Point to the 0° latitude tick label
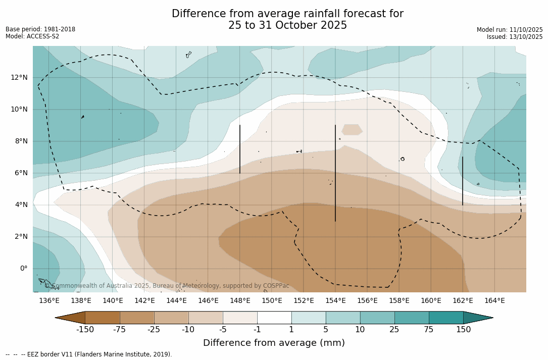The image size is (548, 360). tap(23, 269)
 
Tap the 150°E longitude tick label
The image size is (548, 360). tap(272, 301)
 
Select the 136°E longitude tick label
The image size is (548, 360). tap(49, 301)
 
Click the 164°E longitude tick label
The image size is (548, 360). tap(494, 301)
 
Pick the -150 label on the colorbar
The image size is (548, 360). tap(85, 330)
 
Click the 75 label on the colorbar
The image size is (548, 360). tap(429, 330)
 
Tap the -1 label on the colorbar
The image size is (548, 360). tap(257, 330)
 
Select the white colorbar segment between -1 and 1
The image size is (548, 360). tap(274, 318)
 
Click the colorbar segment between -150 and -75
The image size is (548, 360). tap(103, 318)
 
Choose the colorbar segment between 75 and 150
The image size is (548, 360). tap(446, 318)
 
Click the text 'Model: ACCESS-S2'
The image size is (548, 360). tap(32, 36)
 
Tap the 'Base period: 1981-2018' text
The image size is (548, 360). tap(40, 29)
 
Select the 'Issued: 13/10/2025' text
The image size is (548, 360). tap(515, 37)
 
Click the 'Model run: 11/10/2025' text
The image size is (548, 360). tap(510, 30)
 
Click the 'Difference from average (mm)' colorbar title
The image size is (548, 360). tap(274, 343)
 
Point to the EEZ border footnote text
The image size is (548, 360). tap(89, 354)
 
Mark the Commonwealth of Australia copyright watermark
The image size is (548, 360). tap(167, 286)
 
